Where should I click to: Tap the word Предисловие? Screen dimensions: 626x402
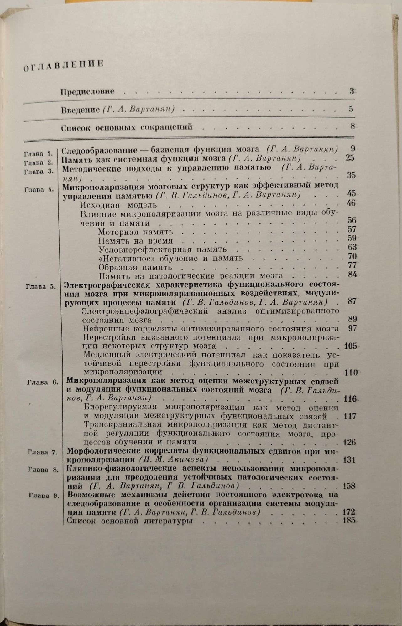pyautogui.click(x=87, y=92)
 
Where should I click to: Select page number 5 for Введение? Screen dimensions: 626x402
pyautogui.click(x=351, y=109)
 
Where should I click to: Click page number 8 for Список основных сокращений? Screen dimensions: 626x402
pyautogui.click(x=352, y=126)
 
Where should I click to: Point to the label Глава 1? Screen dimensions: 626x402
pyautogui.click(x=39, y=154)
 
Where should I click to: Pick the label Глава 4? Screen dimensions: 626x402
pyautogui.click(x=39, y=189)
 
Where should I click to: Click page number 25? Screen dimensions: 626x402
pyautogui.click(x=350, y=158)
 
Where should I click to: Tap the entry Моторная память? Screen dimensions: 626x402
pyautogui.click(x=135, y=232)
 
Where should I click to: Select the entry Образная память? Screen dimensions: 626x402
pyautogui.click(x=135, y=268)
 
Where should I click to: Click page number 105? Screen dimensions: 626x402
pyautogui.click(x=350, y=346)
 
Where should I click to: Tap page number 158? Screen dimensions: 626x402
pyautogui.click(x=349, y=486)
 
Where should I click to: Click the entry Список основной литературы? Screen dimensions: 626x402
pyautogui.click(x=130, y=521)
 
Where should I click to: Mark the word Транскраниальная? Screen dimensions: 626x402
pyautogui.click(x=123, y=425)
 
